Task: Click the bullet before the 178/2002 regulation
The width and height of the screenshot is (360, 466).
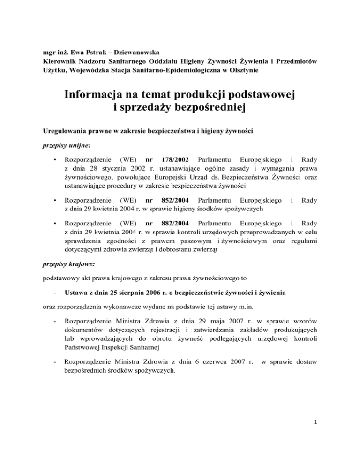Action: pos(56,161)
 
